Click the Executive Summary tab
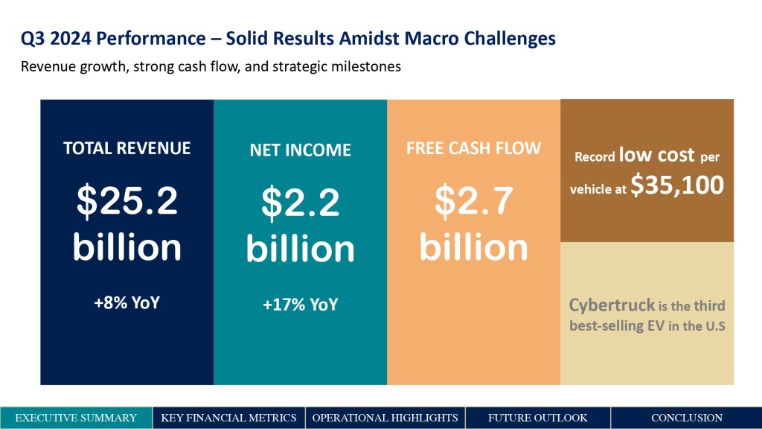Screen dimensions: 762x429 (x=76, y=418)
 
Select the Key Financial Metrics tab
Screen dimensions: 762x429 (x=228, y=418)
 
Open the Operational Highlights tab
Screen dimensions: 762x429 (x=385, y=418)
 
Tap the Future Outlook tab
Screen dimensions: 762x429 (x=537, y=418)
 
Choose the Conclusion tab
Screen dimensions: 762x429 (x=686, y=418)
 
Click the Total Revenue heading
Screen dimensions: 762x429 (x=127, y=148)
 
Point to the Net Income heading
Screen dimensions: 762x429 (x=301, y=150)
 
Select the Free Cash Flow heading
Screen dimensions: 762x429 (x=473, y=148)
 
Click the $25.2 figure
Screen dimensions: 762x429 (x=127, y=200)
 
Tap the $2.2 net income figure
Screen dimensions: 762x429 (x=301, y=202)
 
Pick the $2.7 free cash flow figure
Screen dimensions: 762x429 (x=473, y=200)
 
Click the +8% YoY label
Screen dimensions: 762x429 (x=127, y=302)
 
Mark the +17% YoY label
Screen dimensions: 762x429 (x=301, y=305)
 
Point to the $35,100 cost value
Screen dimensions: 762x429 (x=677, y=185)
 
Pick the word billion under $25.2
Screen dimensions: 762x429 (x=127, y=247)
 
